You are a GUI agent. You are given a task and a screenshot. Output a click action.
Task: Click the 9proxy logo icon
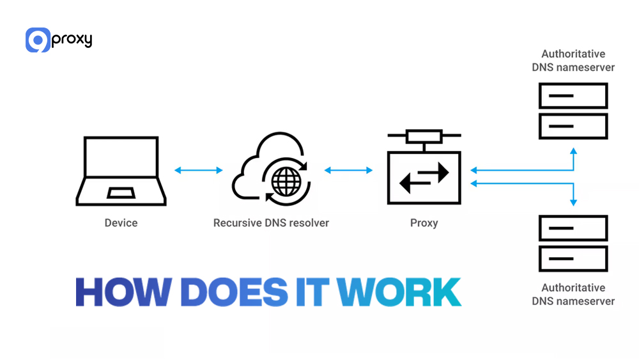tap(38, 40)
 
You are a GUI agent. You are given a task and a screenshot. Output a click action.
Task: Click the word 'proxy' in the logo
tap(72, 40)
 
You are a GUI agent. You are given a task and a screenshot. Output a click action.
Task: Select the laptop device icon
tap(121, 171)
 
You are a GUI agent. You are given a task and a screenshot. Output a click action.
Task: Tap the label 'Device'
tap(121, 223)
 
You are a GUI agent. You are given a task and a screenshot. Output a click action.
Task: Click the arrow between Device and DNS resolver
tap(198, 170)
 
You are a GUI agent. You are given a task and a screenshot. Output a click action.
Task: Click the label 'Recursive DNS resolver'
tap(271, 223)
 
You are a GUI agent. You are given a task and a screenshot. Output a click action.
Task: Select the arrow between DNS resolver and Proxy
tap(348, 170)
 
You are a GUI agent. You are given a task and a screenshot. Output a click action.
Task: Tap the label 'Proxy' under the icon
tap(424, 223)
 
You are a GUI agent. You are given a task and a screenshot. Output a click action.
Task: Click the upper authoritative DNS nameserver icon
tap(573, 111)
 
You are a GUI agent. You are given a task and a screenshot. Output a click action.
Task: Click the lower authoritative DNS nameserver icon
tap(573, 243)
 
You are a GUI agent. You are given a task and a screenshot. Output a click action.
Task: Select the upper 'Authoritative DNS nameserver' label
tap(573, 61)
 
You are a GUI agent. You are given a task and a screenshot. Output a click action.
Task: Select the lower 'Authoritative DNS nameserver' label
tap(573, 294)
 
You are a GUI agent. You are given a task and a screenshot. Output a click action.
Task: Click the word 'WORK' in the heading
tap(399, 292)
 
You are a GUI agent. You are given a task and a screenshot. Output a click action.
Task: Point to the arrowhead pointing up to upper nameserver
tap(573, 151)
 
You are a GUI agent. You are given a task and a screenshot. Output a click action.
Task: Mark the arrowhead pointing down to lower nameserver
tap(573, 202)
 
